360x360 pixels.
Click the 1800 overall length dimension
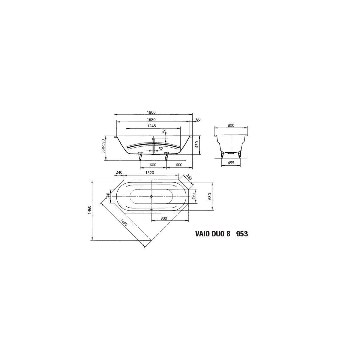(x=151, y=112)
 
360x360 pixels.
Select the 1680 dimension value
(x=151, y=120)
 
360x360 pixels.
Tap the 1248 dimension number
(x=151, y=126)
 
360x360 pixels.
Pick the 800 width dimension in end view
(x=231, y=125)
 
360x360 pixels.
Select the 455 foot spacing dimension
(x=231, y=163)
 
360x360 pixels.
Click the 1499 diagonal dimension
(x=124, y=222)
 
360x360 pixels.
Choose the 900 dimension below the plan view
(x=164, y=218)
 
